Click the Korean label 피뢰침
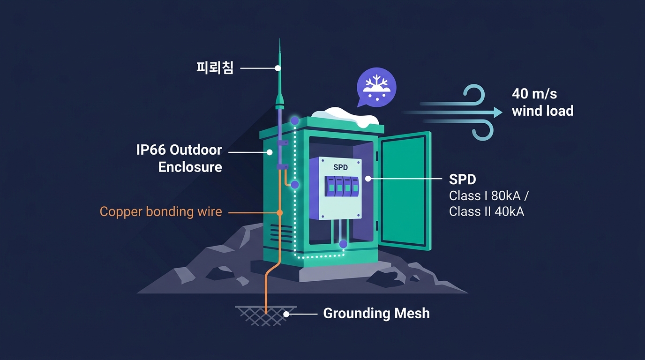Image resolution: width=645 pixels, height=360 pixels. (x=215, y=68)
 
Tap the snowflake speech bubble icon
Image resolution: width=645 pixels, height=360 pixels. (x=376, y=87)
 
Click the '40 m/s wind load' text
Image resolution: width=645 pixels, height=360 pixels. (x=542, y=102)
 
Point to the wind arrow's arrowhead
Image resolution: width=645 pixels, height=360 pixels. (x=498, y=112)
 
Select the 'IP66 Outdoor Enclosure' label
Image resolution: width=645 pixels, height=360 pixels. (x=179, y=158)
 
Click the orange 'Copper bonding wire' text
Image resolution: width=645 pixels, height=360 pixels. (x=161, y=212)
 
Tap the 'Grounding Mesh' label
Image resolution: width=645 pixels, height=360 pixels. (x=376, y=313)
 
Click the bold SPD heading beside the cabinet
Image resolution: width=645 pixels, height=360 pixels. (x=463, y=179)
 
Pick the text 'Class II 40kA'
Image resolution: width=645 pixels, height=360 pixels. (x=487, y=211)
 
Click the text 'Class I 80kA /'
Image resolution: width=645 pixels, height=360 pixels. (x=488, y=196)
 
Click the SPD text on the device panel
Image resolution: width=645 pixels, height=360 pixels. (x=340, y=167)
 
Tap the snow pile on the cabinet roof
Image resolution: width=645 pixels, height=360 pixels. (x=345, y=116)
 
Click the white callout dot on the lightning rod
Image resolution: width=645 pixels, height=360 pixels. (x=277, y=68)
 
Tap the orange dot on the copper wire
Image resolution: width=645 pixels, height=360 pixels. (x=279, y=213)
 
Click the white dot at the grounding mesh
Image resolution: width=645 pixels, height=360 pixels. (x=286, y=314)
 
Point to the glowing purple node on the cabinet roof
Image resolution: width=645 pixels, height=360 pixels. (x=294, y=120)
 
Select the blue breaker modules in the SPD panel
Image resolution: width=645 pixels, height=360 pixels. (x=342, y=187)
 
